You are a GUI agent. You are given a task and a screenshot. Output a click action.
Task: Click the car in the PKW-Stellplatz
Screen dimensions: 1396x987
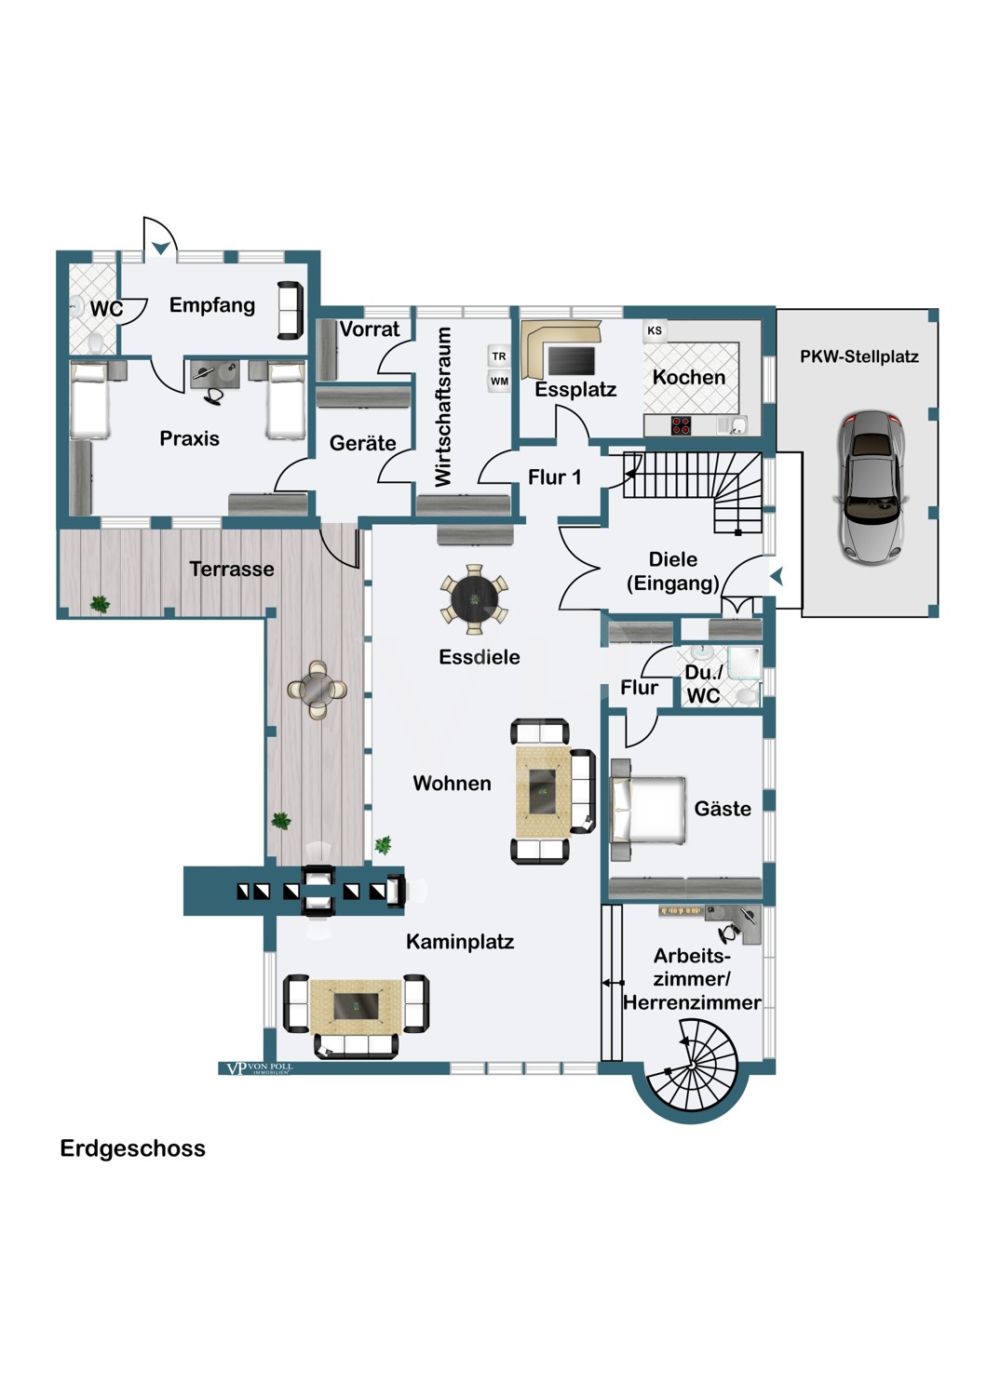click(872, 488)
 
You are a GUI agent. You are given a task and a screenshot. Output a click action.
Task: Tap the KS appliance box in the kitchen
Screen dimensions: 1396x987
click(655, 330)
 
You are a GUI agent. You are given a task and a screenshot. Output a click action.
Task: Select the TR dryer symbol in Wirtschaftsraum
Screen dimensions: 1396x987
click(499, 356)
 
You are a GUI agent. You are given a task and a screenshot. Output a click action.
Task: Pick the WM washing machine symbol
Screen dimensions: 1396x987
click(499, 381)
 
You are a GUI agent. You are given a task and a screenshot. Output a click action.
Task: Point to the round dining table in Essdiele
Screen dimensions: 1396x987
click(475, 597)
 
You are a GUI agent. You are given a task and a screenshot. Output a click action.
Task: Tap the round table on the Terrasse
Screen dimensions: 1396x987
click(318, 689)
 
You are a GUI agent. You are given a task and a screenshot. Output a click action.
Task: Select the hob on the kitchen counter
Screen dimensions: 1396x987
click(681, 425)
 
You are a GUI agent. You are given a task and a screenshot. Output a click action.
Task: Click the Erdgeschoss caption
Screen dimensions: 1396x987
click(132, 1148)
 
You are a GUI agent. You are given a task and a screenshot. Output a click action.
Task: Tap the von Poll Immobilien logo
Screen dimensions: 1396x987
click(256, 1068)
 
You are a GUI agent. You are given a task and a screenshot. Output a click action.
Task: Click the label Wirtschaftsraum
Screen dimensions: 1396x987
click(443, 406)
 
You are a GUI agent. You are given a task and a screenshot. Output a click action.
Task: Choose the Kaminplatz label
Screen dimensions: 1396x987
click(460, 942)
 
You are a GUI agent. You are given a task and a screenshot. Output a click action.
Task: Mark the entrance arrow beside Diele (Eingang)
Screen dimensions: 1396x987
click(776, 577)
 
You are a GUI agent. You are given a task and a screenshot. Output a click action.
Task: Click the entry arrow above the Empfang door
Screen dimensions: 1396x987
click(161, 248)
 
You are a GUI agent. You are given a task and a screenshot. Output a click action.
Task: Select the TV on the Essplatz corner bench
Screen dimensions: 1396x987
click(571, 359)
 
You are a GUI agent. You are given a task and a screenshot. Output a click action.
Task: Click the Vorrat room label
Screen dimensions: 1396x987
click(370, 329)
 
